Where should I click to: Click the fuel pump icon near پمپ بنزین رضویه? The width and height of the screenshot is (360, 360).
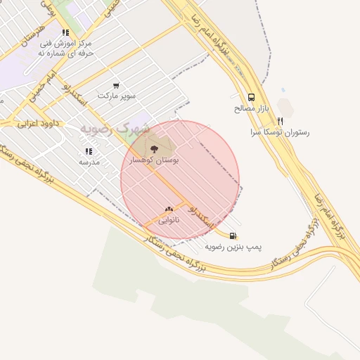coord(233,236)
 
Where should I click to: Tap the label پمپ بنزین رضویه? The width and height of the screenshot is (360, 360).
coord(233,247)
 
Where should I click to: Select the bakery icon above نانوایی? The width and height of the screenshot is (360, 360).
coord(168,209)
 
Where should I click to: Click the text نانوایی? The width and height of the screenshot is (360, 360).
coord(168,220)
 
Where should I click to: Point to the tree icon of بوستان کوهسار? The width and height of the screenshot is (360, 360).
coord(155,148)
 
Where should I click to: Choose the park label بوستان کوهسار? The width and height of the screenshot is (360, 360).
coord(155,160)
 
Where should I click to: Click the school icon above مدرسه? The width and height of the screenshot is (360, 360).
coord(89,150)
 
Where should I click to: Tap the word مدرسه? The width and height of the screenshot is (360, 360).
coord(89,162)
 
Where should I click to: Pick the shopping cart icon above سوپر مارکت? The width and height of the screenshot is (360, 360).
coord(116,84)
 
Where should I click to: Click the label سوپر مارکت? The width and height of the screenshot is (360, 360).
coord(116,95)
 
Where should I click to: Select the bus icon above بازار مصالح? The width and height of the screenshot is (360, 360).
coord(251,98)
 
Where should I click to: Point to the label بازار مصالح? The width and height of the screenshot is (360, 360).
coord(251,109)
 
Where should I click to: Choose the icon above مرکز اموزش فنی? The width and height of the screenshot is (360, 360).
coord(65,32)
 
